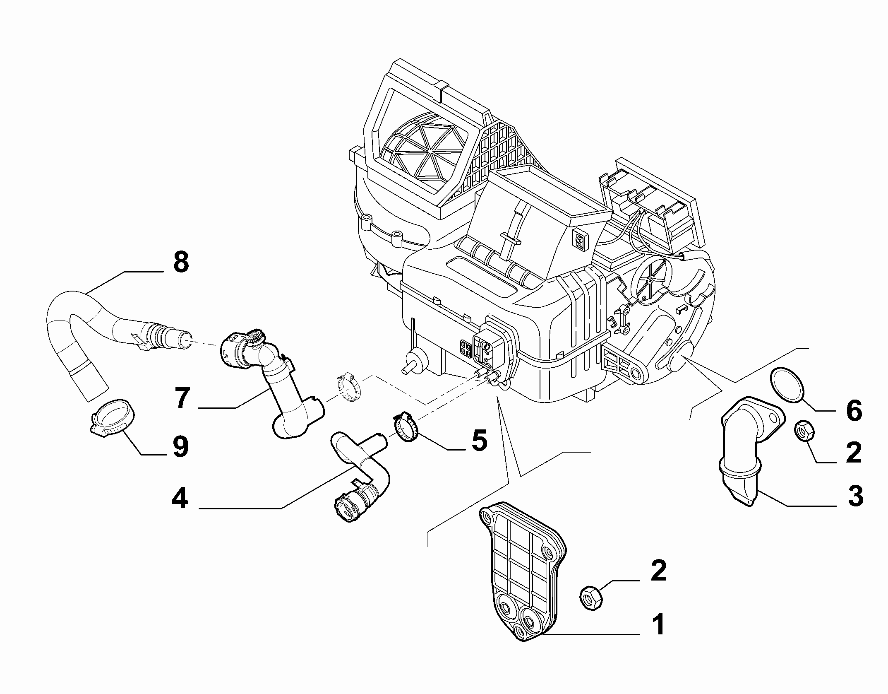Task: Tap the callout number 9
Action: (x=180, y=447)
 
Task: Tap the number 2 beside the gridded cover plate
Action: (x=658, y=571)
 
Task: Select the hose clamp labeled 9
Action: (x=112, y=417)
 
